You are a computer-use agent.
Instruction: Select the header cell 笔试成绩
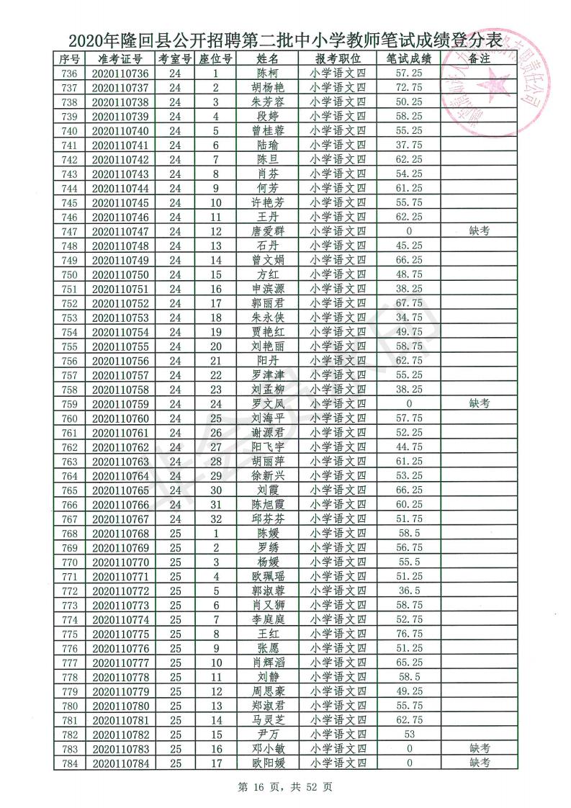(408, 58)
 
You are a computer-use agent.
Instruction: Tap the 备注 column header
(479, 58)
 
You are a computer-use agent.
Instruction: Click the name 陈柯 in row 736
(267, 73)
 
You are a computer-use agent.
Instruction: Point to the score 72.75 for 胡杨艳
(408, 88)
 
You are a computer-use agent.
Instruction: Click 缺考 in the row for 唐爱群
(479, 231)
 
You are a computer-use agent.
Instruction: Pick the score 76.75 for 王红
(408, 634)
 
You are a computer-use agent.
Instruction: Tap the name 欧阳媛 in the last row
(267, 763)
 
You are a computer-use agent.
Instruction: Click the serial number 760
(70, 418)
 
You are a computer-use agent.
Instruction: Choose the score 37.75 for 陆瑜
(408, 145)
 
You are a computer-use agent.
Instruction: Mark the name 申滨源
(267, 289)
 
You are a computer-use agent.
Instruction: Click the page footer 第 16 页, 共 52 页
(287, 787)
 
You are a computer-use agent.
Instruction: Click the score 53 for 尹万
(408, 735)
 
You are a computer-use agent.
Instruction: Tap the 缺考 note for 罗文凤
(479, 404)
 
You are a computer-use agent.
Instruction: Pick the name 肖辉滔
(267, 663)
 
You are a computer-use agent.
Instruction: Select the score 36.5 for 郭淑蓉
(408, 591)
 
